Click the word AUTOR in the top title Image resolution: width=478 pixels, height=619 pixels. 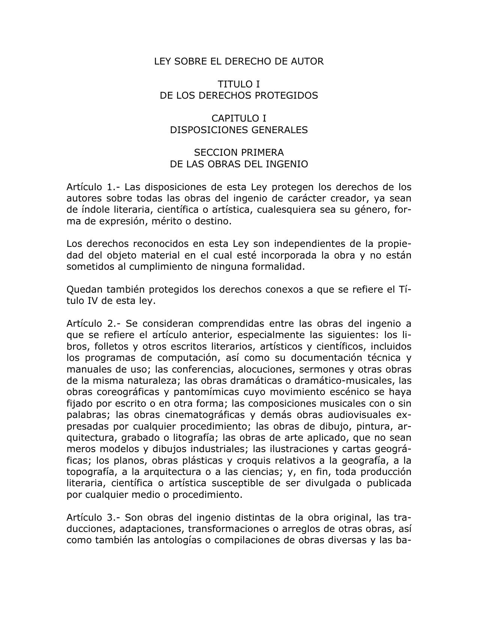coord(307,61)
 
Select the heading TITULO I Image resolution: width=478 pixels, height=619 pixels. coord(239,84)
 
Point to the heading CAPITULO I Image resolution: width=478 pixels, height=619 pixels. coord(239,118)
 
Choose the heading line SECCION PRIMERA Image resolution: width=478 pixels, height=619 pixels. coord(239,153)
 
